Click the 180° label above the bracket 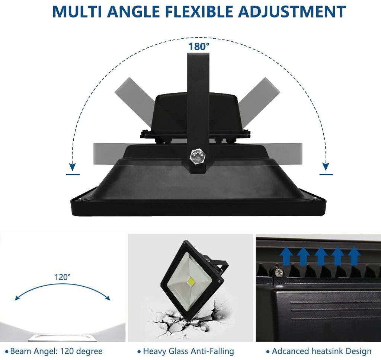[x=199, y=46]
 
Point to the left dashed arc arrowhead [x=73, y=166]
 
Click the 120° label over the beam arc [x=63, y=277]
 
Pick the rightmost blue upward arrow [x=354, y=256]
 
